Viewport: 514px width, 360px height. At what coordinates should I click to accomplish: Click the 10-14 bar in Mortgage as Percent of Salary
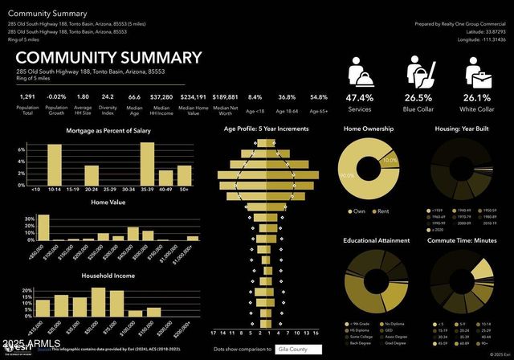coord(55,165)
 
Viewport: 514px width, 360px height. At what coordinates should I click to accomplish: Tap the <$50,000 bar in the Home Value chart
coord(43,228)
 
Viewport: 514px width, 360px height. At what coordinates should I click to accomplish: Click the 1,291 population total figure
coord(27,97)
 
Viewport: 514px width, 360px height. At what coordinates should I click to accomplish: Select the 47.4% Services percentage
coord(360,97)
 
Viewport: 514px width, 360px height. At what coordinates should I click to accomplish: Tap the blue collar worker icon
coord(421,74)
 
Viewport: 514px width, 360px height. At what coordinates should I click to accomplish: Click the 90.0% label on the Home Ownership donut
coord(346,175)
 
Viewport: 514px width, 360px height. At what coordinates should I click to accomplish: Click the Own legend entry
coord(357,211)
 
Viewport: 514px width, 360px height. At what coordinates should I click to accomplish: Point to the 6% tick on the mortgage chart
coord(21,151)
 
